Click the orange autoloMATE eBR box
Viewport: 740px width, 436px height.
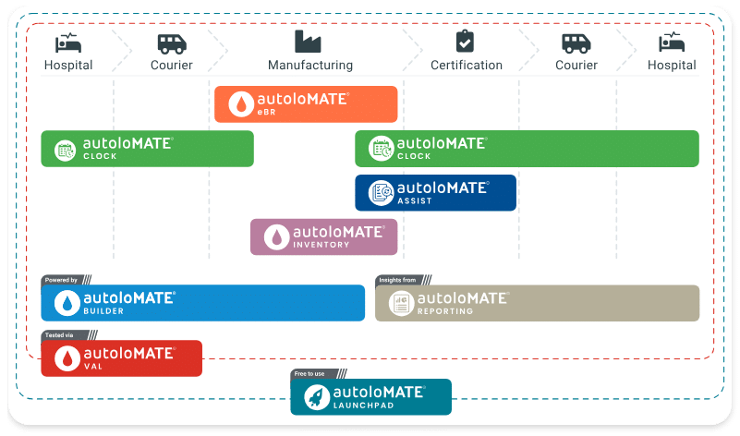pos(306,104)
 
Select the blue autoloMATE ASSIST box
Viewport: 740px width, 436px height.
pos(435,192)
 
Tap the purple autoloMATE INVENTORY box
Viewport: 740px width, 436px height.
pos(323,236)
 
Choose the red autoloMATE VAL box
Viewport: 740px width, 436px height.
pos(121,358)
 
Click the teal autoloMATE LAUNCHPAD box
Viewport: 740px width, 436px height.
pos(370,397)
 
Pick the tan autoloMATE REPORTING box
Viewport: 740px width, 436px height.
pos(537,303)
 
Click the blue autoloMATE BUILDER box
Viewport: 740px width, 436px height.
pos(202,303)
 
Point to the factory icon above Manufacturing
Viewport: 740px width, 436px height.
pos(309,42)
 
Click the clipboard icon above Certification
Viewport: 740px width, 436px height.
pos(466,42)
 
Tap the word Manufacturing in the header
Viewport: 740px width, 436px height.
pos(310,66)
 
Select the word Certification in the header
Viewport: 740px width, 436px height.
pos(467,66)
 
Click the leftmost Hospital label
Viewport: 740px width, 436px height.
pos(68,66)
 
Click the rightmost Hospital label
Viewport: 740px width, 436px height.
pos(672,66)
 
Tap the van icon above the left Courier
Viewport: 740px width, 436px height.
pos(171,42)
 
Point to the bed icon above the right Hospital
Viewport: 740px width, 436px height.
pos(671,42)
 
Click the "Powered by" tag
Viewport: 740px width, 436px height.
pos(62,279)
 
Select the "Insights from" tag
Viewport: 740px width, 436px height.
pos(399,279)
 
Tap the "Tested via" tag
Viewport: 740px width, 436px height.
pos(59,334)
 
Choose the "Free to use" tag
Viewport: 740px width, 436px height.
pos(310,373)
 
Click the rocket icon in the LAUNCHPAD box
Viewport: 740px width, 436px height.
pos(317,397)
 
